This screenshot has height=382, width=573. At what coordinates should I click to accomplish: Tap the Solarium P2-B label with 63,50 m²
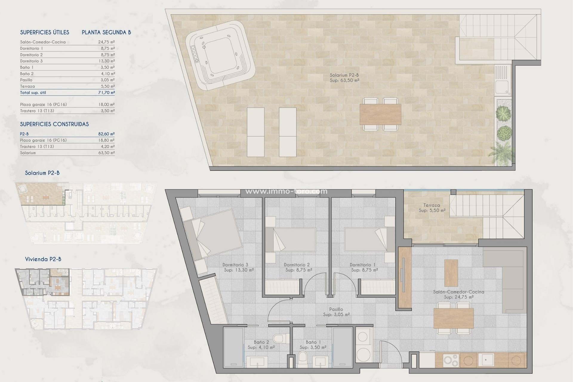point(344,78)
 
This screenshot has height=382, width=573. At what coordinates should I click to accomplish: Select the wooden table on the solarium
point(380,114)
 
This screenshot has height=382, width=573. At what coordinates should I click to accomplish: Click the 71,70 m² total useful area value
point(107,93)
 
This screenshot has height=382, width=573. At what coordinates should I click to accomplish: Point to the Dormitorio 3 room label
point(236,265)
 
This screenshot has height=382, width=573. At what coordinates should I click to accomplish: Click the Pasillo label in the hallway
point(336,309)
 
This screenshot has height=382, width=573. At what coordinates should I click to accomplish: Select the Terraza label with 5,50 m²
point(432,208)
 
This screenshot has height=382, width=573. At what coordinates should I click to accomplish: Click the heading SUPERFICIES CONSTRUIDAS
point(54,124)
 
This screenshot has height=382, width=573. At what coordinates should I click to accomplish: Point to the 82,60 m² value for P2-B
point(107,134)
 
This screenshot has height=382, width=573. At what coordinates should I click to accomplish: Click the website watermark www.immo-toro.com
point(286,192)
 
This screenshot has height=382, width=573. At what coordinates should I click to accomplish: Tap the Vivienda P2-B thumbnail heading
point(43,259)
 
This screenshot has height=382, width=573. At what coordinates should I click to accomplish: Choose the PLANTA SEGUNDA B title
point(106,33)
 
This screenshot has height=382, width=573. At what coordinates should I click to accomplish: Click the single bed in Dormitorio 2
point(294,240)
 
